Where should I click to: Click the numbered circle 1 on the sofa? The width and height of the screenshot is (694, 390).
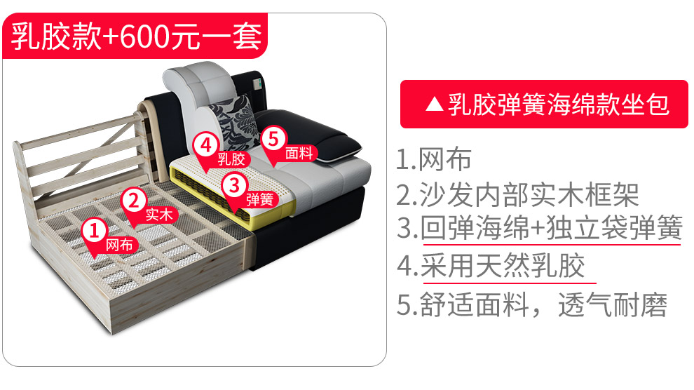[94, 231]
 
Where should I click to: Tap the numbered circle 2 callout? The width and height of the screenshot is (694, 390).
[134, 200]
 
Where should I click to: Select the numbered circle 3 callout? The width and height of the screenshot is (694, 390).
[234, 184]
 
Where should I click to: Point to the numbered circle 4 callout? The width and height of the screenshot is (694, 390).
[205, 144]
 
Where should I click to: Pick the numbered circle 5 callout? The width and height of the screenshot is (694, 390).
[273, 139]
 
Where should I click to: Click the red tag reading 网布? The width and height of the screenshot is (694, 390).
[119, 245]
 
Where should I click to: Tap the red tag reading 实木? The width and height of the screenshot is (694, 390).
[159, 215]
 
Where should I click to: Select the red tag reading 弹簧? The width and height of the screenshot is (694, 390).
[260, 199]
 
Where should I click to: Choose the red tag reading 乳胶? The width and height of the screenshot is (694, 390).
[231, 159]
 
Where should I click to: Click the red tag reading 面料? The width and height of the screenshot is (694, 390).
[299, 153]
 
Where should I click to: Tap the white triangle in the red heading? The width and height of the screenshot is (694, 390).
[434, 105]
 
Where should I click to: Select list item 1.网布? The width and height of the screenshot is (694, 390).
[434, 159]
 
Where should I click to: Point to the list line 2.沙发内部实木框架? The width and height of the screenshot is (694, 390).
[517, 194]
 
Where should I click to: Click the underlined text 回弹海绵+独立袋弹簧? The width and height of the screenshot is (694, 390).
[551, 227]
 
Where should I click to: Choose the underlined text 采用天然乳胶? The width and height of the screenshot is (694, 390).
[503, 266]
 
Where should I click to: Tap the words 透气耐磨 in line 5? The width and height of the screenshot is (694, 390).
[613, 304]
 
